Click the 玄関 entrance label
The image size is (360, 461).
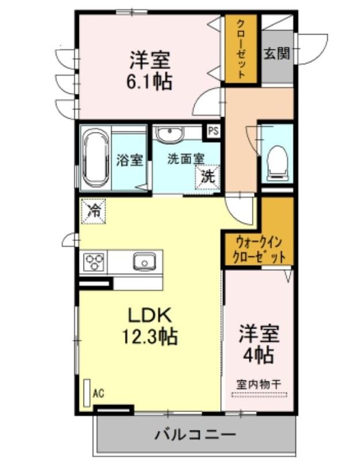click(x=277, y=54)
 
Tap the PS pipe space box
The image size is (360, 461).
click(x=214, y=131)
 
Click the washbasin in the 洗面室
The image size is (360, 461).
click(x=169, y=134)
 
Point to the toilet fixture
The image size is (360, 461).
click(x=277, y=163)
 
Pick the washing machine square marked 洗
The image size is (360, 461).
click(x=208, y=177)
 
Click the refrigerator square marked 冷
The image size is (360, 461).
click(x=93, y=211)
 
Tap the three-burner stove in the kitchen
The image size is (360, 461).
click(x=94, y=262)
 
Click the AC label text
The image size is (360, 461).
click(x=98, y=393)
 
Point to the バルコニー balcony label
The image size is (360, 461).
click(x=195, y=434)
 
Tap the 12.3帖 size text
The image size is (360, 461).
click(x=149, y=337)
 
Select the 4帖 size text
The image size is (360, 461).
click(x=258, y=355)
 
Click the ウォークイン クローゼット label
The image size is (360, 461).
click(x=259, y=250)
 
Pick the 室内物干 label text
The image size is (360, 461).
click(x=259, y=384)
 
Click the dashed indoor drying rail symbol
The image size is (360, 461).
click(x=259, y=395)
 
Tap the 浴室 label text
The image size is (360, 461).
click(x=130, y=160)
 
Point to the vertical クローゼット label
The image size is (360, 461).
click(x=241, y=49)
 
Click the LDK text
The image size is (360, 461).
click(x=149, y=315)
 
